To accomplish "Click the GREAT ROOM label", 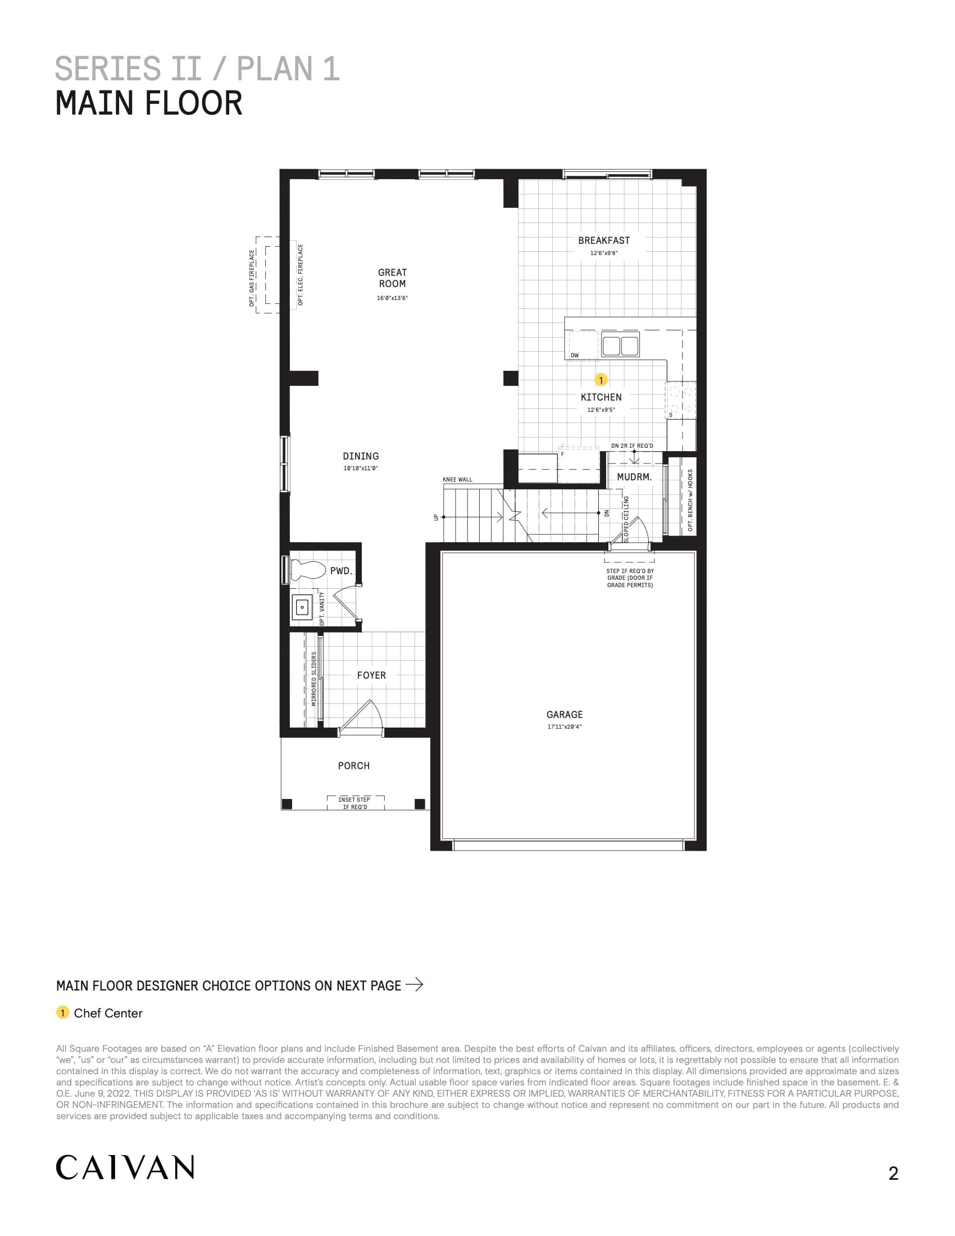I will click(392, 278).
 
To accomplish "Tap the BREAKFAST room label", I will click(604, 240).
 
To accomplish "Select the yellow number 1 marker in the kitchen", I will click(601, 380).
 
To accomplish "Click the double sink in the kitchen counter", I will click(620, 345).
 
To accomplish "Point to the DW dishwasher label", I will click(575, 356).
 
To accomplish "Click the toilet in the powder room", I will click(307, 569).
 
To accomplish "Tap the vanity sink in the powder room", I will click(302, 607).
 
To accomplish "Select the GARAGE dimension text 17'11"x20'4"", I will click(564, 726).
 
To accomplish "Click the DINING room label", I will click(361, 456).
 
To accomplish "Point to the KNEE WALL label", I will click(457, 479).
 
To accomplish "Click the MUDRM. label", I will click(634, 477).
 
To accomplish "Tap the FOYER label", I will click(371, 675).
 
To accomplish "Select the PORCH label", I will click(353, 766).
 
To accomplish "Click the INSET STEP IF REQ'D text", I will click(354, 803).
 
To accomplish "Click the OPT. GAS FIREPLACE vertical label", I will click(252, 278).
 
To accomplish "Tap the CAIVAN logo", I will click(125, 1167).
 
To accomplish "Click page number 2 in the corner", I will click(893, 1173).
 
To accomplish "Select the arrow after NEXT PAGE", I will click(414, 985).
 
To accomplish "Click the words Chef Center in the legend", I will click(108, 1013).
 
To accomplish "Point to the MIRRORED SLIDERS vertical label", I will click(314, 679).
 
